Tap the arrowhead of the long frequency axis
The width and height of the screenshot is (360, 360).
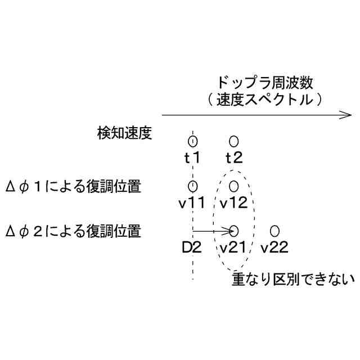tap(346, 115)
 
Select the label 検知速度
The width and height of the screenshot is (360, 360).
tap(124, 133)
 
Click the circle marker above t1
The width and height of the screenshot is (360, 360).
tap(193, 141)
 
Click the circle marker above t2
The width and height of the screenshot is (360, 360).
tap(234, 141)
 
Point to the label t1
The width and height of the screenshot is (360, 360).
tap(193, 157)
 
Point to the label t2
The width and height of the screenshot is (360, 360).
tap(234, 157)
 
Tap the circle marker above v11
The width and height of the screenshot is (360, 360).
tap(193, 186)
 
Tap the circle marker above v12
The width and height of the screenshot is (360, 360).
tap(234, 186)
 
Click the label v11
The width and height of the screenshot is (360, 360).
tap(193, 202)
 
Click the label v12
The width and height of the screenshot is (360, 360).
tap(234, 202)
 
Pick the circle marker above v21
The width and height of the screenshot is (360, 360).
tap(235, 231)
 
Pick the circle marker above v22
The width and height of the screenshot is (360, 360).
tap(274, 231)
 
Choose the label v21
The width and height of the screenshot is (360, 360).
tap(234, 247)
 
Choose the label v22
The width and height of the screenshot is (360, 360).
tap(274, 247)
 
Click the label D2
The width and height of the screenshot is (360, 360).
tap(191, 247)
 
